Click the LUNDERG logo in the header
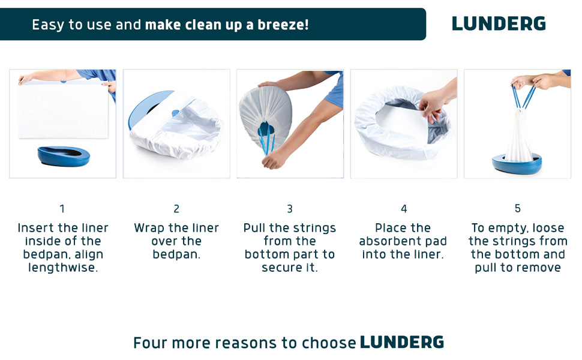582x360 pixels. pyautogui.click(x=499, y=24)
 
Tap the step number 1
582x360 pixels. pyautogui.click(x=62, y=209)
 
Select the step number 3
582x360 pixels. pyautogui.click(x=290, y=209)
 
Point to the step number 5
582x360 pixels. pyautogui.click(x=517, y=209)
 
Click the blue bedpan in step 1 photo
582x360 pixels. pyautogui.click(x=63, y=157)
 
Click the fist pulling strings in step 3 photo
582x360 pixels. pyautogui.click(x=277, y=160)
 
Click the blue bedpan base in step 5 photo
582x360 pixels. pyautogui.click(x=517, y=163)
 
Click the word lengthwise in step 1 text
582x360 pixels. pyautogui.click(x=63, y=268)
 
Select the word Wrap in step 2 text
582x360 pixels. pyautogui.click(x=149, y=228)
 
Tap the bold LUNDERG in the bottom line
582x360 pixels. pyautogui.click(x=402, y=343)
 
